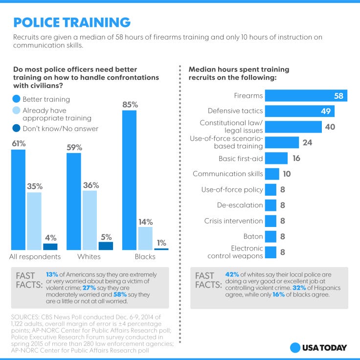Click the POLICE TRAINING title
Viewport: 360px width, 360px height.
click(71, 22)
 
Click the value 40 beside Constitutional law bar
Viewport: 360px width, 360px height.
click(331, 127)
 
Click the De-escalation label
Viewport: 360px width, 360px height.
click(240, 205)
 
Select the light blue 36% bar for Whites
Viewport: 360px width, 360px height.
click(90, 220)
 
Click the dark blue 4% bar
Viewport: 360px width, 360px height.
click(50, 247)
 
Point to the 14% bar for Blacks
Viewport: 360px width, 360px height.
click(145, 238)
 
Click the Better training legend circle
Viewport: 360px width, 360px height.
click(17, 100)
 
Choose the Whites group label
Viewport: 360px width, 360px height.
click(89, 257)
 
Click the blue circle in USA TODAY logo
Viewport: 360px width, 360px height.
click(295, 348)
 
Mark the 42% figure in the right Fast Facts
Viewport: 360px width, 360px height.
click(233, 275)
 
